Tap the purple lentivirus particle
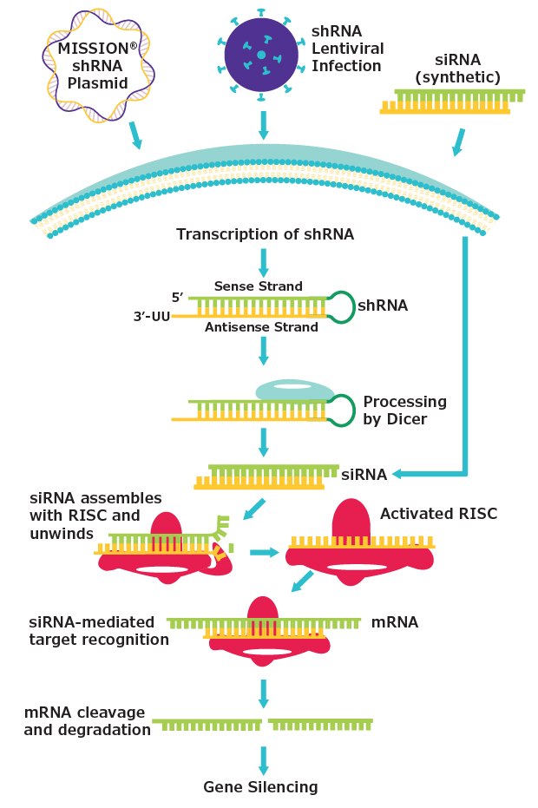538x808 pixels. pyautogui.click(x=261, y=55)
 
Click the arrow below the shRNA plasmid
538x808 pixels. pyautogui.click(x=137, y=135)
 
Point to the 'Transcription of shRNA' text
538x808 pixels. pyautogui.click(x=265, y=234)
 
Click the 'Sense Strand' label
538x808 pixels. pyautogui.click(x=259, y=286)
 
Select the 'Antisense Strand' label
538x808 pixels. pyautogui.click(x=261, y=327)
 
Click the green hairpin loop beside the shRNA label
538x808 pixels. pyautogui.click(x=339, y=307)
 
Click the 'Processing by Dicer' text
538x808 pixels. pyautogui.click(x=404, y=410)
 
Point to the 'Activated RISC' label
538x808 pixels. pyautogui.click(x=438, y=514)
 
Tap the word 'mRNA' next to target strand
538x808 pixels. pyautogui.click(x=395, y=622)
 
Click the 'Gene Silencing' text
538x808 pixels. pyautogui.click(x=260, y=787)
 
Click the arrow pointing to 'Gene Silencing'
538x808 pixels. pyautogui.click(x=263, y=759)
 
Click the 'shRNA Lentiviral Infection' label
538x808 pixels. pyautogui.click(x=346, y=48)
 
